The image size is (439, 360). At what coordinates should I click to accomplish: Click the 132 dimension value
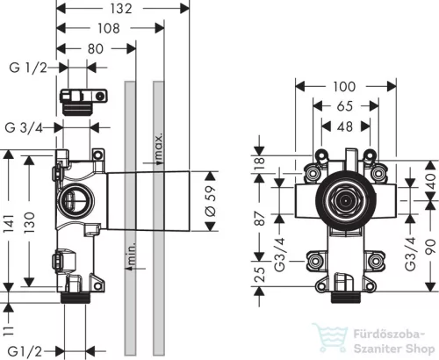121,9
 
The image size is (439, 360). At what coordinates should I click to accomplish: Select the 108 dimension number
109,28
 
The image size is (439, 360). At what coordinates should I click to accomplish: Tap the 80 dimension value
96,48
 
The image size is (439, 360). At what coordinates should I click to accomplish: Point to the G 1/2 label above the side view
28,68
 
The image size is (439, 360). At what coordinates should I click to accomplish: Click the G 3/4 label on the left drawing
24,127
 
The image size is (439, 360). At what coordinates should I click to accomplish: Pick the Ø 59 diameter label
211,201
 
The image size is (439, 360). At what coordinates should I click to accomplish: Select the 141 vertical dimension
9,224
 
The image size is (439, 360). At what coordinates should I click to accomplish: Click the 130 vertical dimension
29,222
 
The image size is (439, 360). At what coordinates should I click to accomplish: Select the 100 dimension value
344,87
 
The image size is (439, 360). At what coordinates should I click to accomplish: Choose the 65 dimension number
345,106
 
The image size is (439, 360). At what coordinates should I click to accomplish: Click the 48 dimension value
345,126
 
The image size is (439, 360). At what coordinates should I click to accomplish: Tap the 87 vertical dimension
259,218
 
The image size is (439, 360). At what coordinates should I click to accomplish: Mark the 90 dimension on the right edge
430,247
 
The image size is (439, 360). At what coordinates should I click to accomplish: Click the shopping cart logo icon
329,337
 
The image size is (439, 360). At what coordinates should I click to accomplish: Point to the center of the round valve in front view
346,201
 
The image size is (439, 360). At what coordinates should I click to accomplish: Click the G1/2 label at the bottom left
25,351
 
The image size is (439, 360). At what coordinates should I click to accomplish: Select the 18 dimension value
259,164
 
